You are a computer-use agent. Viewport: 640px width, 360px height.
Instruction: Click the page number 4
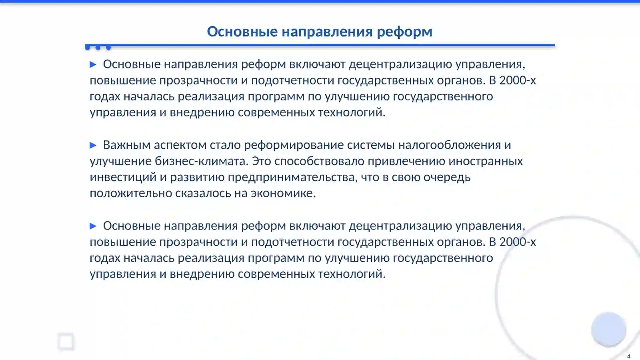628,356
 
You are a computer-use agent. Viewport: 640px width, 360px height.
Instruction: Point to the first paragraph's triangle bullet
93,64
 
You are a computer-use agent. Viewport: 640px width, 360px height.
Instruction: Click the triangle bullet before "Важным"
93,145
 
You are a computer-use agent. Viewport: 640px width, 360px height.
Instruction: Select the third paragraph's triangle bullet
93,226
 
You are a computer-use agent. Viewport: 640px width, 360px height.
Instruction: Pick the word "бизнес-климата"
201,161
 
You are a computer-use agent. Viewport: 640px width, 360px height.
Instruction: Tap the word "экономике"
283,193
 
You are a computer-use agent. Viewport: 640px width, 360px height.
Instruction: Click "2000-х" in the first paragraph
517,80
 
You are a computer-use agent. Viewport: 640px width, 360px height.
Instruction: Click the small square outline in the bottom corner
66,342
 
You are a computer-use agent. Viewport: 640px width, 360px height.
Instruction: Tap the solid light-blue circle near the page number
608,329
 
